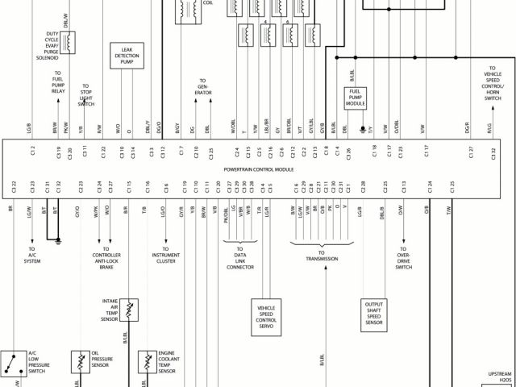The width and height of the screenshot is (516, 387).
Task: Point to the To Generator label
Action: tap(201, 88)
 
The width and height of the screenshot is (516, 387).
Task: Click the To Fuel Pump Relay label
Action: tap(58, 83)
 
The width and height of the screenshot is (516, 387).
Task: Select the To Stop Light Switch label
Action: tap(86, 94)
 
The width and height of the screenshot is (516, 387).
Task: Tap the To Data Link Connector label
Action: tap(241, 259)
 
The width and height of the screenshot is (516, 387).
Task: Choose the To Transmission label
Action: tap(321, 256)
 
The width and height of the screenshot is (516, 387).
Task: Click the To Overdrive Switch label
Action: tap(403, 259)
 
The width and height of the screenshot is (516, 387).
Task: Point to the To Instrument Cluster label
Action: tap(166, 259)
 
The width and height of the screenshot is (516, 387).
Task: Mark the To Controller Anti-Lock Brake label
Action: tap(106, 260)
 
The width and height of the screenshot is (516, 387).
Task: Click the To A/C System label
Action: tap(32, 256)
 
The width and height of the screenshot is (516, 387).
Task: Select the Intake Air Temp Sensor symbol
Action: tap(129, 307)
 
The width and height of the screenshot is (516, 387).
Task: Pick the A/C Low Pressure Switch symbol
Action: tap(12, 362)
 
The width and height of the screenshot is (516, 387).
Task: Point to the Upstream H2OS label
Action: tap(500, 376)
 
